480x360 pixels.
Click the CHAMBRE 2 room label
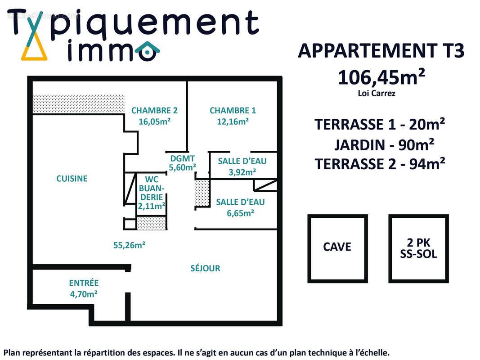(x=154, y=110)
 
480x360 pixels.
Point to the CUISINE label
(x=72, y=179)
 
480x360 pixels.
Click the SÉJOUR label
(x=205, y=268)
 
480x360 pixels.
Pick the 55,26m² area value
(x=129, y=245)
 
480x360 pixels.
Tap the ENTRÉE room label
(x=84, y=283)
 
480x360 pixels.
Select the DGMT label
(x=183, y=158)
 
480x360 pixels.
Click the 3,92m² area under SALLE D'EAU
(x=242, y=171)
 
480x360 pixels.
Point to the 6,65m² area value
(x=240, y=213)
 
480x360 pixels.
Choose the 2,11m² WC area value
(x=151, y=206)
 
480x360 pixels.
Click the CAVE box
(x=337, y=248)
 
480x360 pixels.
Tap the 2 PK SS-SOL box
(x=418, y=248)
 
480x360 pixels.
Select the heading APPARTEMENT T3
(x=381, y=51)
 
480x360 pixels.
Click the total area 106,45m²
(x=381, y=77)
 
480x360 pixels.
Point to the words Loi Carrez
(x=377, y=94)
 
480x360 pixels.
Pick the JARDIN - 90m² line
(x=384, y=145)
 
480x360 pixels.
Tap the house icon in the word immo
(x=147, y=51)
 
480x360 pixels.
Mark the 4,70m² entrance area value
(x=84, y=294)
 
